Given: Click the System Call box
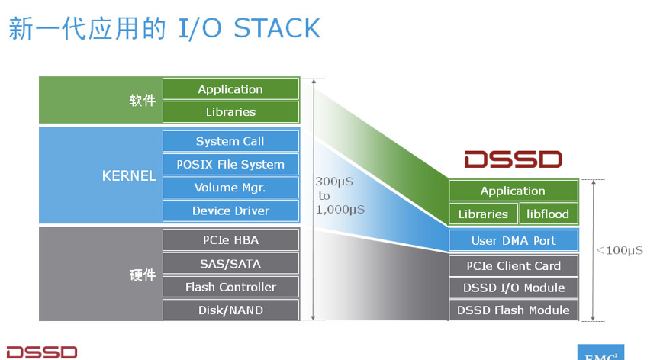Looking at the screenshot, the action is tap(230, 141).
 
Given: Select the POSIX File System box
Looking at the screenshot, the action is tap(230, 164).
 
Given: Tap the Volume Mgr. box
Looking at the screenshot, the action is tap(230, 187).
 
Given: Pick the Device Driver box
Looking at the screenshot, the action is tap(230, 211).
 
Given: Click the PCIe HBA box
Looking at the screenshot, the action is tap(230, 239).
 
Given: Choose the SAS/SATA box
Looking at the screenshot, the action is tap(230, 264).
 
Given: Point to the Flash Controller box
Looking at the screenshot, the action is tap(230, 288).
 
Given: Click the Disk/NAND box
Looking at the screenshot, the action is tap(230, 310).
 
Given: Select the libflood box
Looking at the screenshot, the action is tap(549, 214).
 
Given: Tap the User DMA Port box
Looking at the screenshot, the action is tap(514, 240).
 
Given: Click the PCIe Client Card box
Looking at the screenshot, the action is tap(514, 265).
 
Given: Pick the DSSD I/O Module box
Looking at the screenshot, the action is tap(514, 288).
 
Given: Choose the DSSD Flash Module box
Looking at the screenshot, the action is tap(514, 310).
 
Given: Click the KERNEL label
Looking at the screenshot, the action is tap(129, 175).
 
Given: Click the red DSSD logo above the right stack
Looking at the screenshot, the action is tap(513, 159).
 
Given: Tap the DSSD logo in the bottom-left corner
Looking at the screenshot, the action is tap(42, 352).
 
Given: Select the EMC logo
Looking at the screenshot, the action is tap(600, 352).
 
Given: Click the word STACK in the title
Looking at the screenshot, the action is tap(277, 28).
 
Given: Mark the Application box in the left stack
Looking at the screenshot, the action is tap(230, 89).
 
